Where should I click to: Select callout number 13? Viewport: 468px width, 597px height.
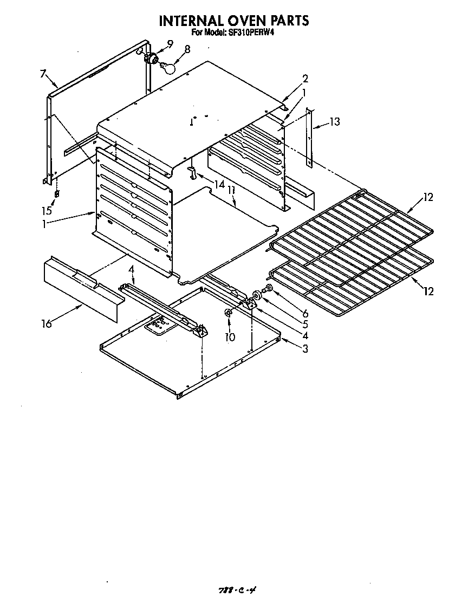335,122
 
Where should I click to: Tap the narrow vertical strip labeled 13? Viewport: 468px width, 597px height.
309,138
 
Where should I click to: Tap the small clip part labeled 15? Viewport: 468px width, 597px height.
57,194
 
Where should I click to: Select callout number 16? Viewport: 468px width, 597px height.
47,324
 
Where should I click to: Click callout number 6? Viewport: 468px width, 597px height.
305,313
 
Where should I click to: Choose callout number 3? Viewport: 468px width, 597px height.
305,348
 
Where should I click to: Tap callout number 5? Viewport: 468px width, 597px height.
305,325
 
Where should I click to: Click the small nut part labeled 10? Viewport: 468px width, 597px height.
229,314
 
